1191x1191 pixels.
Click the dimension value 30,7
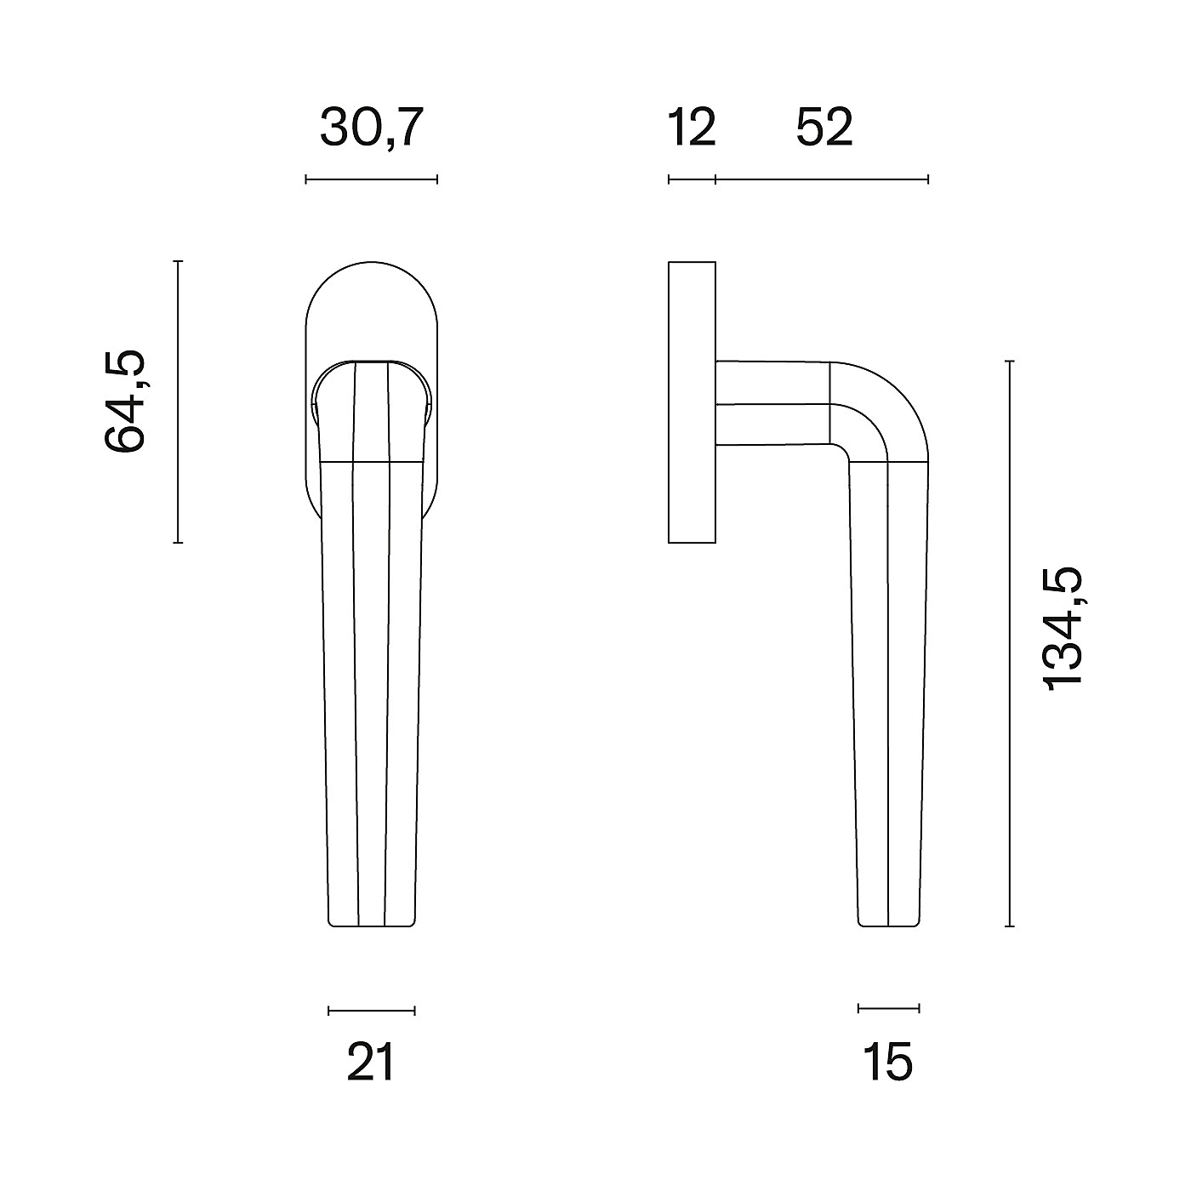point(372,128)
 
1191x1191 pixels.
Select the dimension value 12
point(692,128)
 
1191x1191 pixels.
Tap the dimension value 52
point(824,128)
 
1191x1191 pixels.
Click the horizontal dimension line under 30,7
point(372,180)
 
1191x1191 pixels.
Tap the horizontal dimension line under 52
point(822,180)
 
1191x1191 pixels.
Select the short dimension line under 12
point(692,180)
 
